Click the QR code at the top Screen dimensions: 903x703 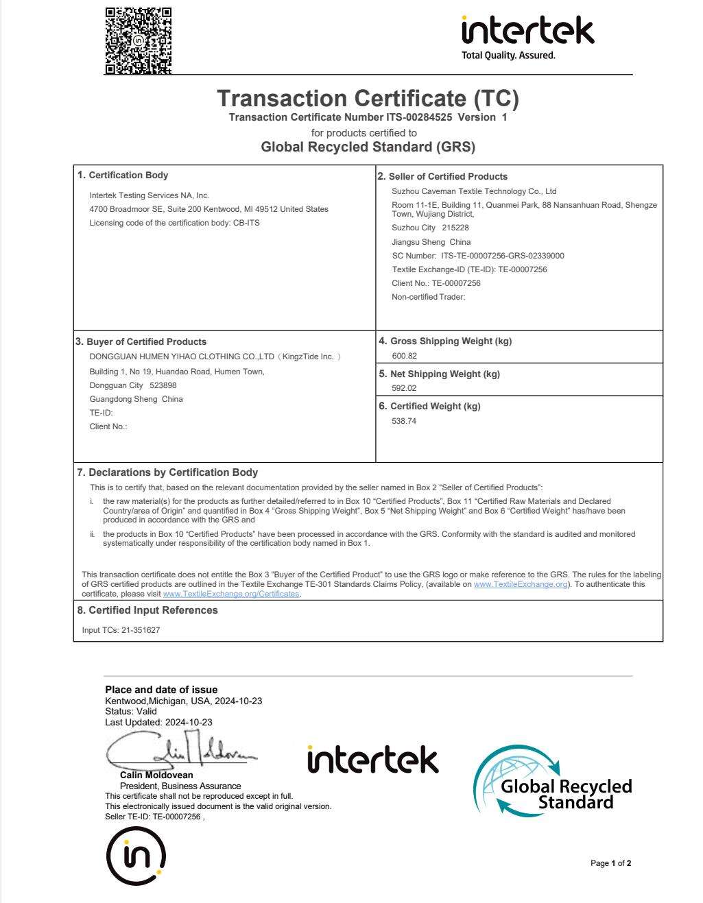pyautogui.click(x=138, y=40)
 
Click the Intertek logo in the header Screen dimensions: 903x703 pyautogui.click(x=527, y=36)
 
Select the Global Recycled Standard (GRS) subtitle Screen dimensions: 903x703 pyautogui.click(x=368, y=147)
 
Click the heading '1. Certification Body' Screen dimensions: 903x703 pyautogui.click(x=123, y=176)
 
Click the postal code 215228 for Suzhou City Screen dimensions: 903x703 pyautogui.click(x=455, y=228)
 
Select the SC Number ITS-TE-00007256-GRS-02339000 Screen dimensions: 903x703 pyautogui.click(x=502, y=256)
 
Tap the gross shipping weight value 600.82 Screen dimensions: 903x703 pyautogui.click(x=404, y=356)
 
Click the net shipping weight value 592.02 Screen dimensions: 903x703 pyautogui.click(x=404, y=388)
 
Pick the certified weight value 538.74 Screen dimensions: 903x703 pyautogui.click(x=404, y=421)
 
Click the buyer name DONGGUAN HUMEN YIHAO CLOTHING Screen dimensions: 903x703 pyautogui.click(x=182, y=357)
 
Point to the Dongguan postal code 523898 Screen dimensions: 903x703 pyautogui.click(x=163, y=385)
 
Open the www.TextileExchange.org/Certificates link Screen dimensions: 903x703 pyautogui.click(x=231, y=594)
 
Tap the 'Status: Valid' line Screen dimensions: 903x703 pyautogui.click(x=131, y=712)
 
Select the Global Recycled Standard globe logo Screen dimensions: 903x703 pyautogui.click(x=551, y=782)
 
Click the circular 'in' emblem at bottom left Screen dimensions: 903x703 pyautogui.click(x=136, y=856)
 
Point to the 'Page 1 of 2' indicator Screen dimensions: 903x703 pyautogui.click(x=610, y=863)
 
